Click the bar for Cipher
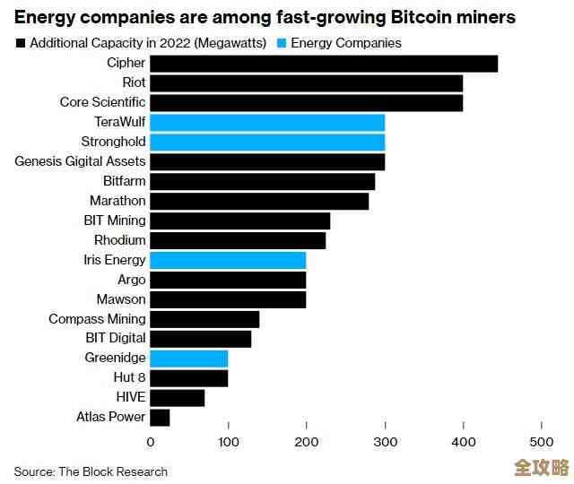coord(323,64)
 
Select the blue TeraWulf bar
coord(267,122)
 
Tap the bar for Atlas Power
coord(160,417)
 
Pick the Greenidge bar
coord(188,358)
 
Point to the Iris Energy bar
coord(228,260)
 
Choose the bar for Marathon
coord(259,201)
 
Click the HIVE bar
coord(177,397)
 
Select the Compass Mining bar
coord(204,319)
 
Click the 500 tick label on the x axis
coord(541,441)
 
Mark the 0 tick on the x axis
coord(150,441)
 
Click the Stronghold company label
coord(113,142)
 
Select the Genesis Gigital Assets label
coord(80,161)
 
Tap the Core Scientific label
coord(102,102)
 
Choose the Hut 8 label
coord(128,377)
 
